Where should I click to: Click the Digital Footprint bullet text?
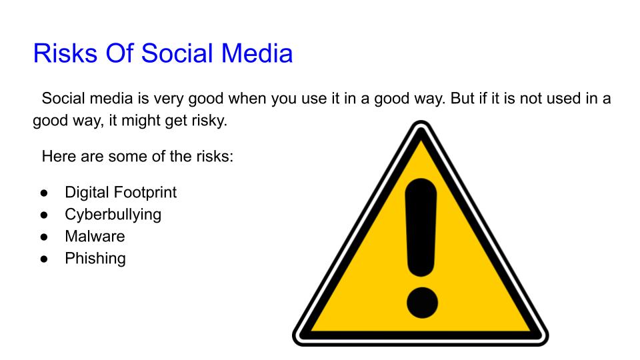click(121, 193)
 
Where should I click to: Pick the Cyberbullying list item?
click(113, 215)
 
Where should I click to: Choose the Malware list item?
click(95, 236)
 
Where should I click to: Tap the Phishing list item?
click(95, 258)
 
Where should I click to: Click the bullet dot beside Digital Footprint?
click(44, 193)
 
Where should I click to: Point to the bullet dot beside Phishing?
click(44, 259)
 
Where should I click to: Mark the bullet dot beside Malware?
click(44, 237)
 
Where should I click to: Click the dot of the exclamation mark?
click(421, 302)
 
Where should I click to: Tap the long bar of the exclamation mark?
click(421, 227)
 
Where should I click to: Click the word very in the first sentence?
click(171, 99)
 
